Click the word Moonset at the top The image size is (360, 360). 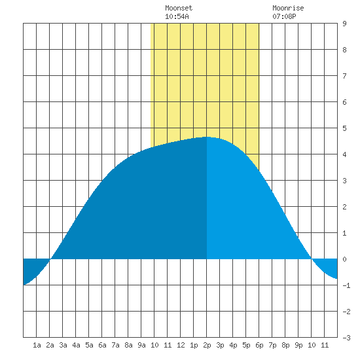[x=179, y=8]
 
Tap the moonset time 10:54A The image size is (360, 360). [x=177, y=16]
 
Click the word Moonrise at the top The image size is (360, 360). [x=288, y=8]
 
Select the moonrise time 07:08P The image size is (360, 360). [x=284, y=16]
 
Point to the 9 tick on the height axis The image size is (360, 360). [x=344, y=24]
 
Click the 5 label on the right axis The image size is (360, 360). [x=344, y=128]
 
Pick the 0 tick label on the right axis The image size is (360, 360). [x=344, y=259]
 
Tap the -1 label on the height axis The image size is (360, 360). [x=346, y=285]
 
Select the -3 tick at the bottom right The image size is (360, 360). [x=346, y=338]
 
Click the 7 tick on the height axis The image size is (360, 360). [x=344, y=76]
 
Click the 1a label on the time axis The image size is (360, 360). [x=37, y=345]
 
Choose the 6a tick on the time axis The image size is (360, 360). [x=102, y=345]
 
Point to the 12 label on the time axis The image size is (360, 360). [x=181, y=345]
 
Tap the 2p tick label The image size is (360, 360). [x=207, y=345]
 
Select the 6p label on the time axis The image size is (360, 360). [x=259, y=345]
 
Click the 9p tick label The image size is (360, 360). [x=298, y=345]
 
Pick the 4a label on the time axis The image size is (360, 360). [x=76, y=345]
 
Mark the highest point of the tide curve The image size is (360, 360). [x=207, y=137]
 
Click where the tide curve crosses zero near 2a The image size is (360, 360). [x=50, y=259]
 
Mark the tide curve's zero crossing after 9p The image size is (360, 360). [x=312, y=259]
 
